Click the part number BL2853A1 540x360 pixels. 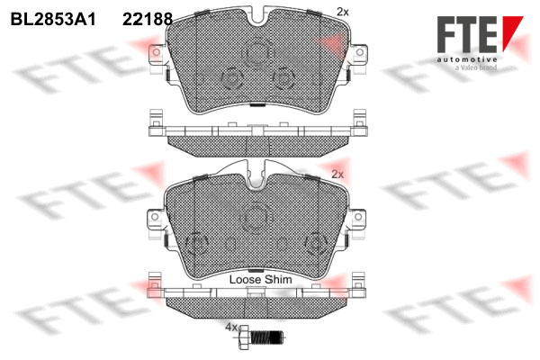(53, 19)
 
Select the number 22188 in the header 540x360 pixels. (148, 19)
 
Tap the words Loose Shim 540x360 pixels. (260, 279)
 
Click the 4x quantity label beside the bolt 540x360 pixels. (231, 328)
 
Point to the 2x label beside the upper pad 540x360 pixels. (343, 12)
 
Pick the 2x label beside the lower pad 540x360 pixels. (337, 175)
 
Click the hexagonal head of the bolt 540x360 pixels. (244, 337)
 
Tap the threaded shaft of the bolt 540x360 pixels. (266, 337)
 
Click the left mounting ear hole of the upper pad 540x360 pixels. (156, 52)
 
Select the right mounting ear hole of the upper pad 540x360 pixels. (359, 52)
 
